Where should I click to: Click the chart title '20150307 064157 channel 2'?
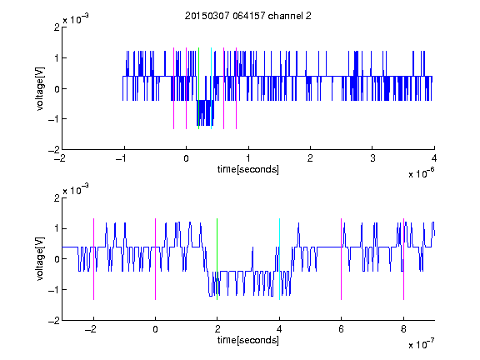click(x=248, y=16)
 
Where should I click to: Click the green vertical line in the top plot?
click(x=198, y=88)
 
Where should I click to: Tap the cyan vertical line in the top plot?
click(x=211, y=88)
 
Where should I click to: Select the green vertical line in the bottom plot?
click(x=217, y=259)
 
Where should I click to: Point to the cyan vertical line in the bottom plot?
click(x=279, y=259)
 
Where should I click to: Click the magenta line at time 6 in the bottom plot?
click(x=342, y=259)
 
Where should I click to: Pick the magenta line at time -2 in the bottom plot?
click(x=93, y=259)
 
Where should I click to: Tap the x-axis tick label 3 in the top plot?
click(x=372, y=158)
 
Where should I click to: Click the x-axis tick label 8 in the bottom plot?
click(x=403, y=329)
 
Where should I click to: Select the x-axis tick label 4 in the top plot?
click(x=434, y=158)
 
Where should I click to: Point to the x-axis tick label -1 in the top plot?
click(x=122, y=158)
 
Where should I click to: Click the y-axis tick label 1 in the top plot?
click(x=57, y=57)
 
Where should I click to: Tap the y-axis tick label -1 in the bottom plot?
click(x=54, y=290)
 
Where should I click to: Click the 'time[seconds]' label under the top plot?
click(x=248, y=169)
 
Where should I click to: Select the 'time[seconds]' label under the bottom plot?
click(x=248, y=340)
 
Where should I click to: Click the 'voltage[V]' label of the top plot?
click(x=40, y=88)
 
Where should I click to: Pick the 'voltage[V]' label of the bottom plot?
click(x=40, y=259)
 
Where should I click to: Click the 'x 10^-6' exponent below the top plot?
click(x=422, y=173)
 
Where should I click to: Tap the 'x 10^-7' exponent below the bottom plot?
click(x=422, y=344)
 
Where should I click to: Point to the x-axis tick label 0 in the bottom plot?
click(x=156, y=329)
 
